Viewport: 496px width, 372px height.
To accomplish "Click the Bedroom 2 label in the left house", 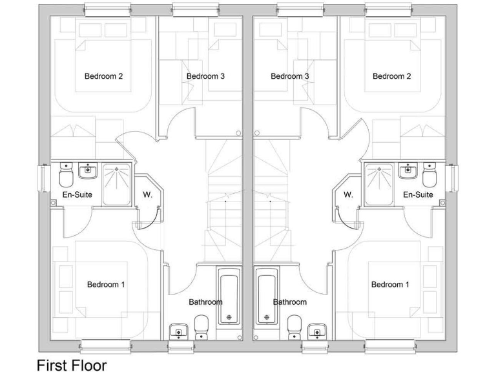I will pyautogui.click(x=103, y=76).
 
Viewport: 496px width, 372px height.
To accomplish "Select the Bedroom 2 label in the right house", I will pyautogui.click(x=392, y=76).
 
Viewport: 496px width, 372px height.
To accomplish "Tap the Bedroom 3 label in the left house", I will pyautogui.click(x=205, y=76).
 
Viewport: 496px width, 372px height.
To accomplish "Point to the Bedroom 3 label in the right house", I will pyautogui.click(x=290, y=76).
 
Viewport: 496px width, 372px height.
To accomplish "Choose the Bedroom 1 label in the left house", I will pyautogui.click(x=106, y=284).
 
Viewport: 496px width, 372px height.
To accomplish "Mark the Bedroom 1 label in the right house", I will pyautogui.click(x=389, y=284).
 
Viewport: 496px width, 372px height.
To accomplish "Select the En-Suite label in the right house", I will pyautogui.click(x=418, y=194).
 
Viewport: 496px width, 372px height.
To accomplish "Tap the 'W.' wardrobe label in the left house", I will pyautogui.click(x=147, y=194).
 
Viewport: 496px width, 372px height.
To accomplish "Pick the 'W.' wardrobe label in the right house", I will pyautogui.click(x=348, y=194).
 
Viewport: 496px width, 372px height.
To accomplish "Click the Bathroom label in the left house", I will pyautogui.click(x=205, y=302).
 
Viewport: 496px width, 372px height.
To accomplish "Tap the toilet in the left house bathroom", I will pyautogui.click(x=201, y=326).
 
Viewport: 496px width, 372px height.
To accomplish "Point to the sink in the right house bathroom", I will pyautogui.click(x=316, y=331).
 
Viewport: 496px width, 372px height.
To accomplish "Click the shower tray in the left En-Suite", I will pyautogui.click(x=116, y=184).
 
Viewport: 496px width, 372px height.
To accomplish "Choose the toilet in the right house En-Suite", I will pyautogui.click(x=430, y=175).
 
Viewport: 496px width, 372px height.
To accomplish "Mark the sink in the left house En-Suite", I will pyautogui.click(x=87, y=170).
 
